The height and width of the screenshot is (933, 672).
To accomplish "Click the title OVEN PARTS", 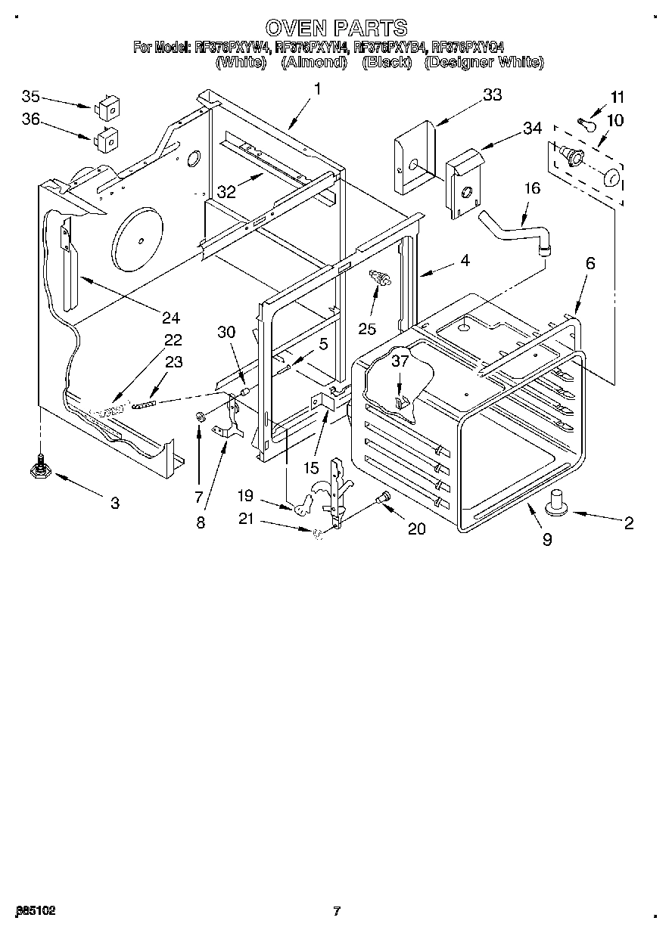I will (337, 28).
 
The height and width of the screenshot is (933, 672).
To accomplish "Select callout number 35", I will (30, 96).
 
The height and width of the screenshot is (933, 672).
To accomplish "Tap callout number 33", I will (492, 95).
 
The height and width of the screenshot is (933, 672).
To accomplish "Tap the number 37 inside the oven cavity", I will (400, 361).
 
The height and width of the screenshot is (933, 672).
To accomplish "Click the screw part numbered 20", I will (383, 498).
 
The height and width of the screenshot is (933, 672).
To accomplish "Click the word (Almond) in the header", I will (313, 63).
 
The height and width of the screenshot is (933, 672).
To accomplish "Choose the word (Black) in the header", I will (386, 63).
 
